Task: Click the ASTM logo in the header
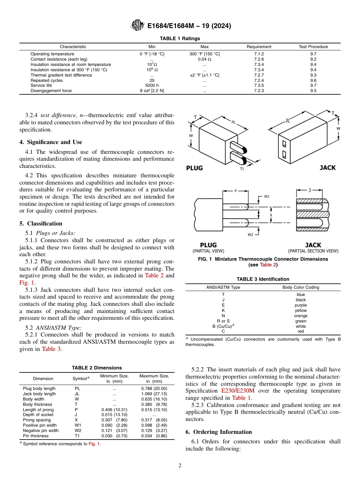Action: pos(137,25)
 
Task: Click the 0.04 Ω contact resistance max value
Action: pos(204,59)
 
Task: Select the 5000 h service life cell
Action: pos(152,86)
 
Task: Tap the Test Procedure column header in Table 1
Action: pos(313,47)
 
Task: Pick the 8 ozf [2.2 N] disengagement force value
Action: pos(152,91)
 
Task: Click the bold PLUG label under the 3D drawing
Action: pos(194,168)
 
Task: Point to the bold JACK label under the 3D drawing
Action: pos(327,167)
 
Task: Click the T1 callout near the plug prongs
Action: pos(242,169)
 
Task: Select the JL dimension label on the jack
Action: pos(287,121)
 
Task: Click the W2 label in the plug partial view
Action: pos(250,235)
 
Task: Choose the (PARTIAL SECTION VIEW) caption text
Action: pos(313,251)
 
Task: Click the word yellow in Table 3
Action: pos(301,310)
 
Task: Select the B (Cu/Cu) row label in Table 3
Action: pos(223,326)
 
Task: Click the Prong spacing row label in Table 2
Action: pos(37,420)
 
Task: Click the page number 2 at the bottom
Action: pos(180,466)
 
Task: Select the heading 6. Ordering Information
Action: pos(218,432)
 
